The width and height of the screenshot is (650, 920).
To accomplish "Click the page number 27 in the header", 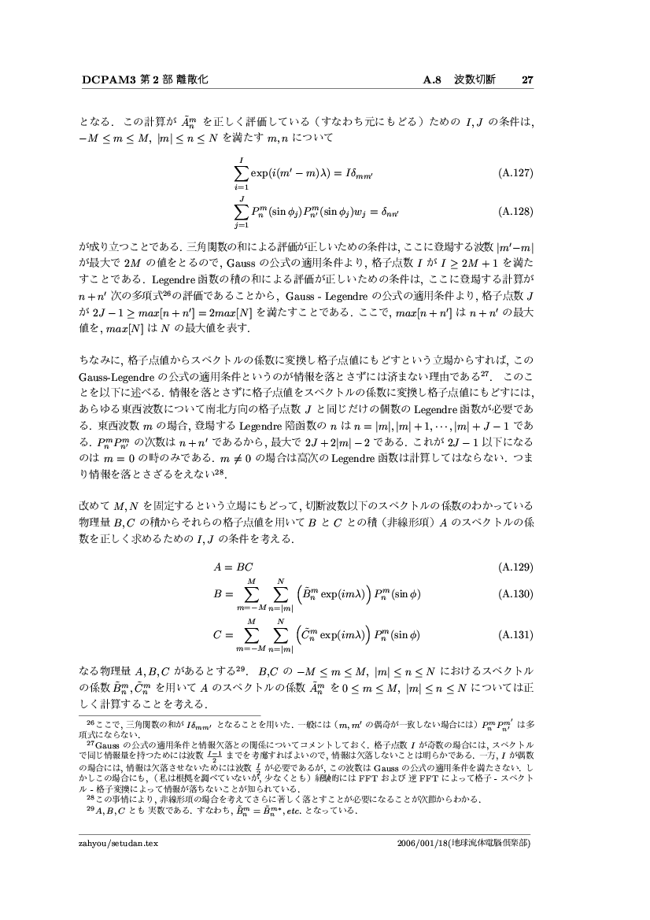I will click(x=528, y=79).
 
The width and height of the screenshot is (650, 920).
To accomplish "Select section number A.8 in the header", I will click(x=433, y=79).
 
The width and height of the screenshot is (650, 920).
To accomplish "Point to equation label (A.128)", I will click(x=517, y=211).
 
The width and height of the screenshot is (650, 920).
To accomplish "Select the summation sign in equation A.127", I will click(x=236, y=173).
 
